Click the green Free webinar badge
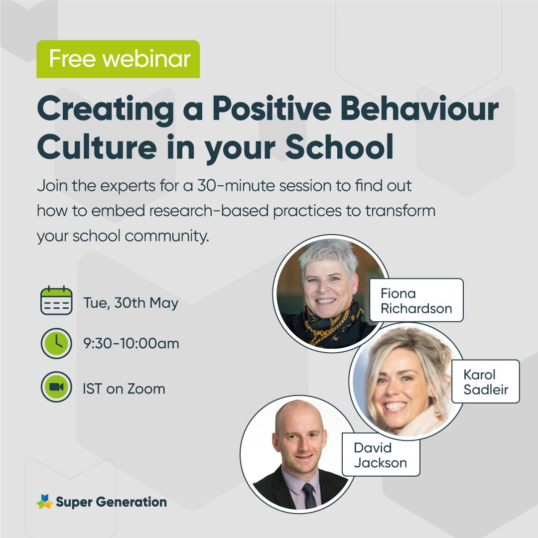click(118, 59)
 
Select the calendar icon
click(56, 301)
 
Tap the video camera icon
click(56, 388)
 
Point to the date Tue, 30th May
click(131, 303)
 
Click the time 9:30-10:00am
click(131, 343)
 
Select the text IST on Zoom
click(124, 388)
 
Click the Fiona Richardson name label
click(416, 300)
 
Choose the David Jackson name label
click(380, 454)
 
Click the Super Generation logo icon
click(44, 502)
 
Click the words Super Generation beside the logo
click(111, 502)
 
